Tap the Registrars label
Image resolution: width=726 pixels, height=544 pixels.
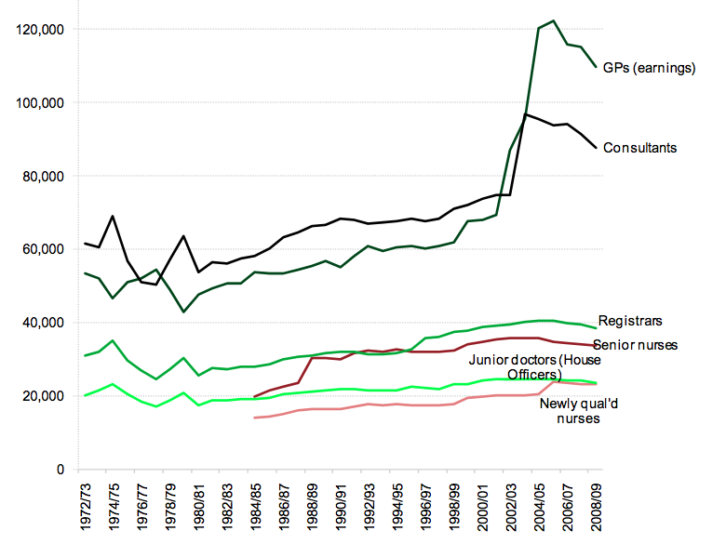click(x=629, y=321)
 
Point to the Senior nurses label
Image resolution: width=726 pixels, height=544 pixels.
click(x=635, y=345)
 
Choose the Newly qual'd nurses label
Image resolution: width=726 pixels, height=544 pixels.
click(x=570, y=411)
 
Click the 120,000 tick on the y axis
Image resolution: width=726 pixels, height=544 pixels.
click(x=40, y=30)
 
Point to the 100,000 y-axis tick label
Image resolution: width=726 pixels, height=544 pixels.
click(x=40, y=103)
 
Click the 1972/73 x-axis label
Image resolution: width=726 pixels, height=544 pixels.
click(x=86, y=502)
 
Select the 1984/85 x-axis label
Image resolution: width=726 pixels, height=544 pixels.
click(x=255, y=502)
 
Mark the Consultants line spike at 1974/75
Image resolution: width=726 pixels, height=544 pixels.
click(x=113, y=216)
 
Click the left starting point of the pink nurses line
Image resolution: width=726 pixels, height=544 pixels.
click(x=254, y=418)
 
